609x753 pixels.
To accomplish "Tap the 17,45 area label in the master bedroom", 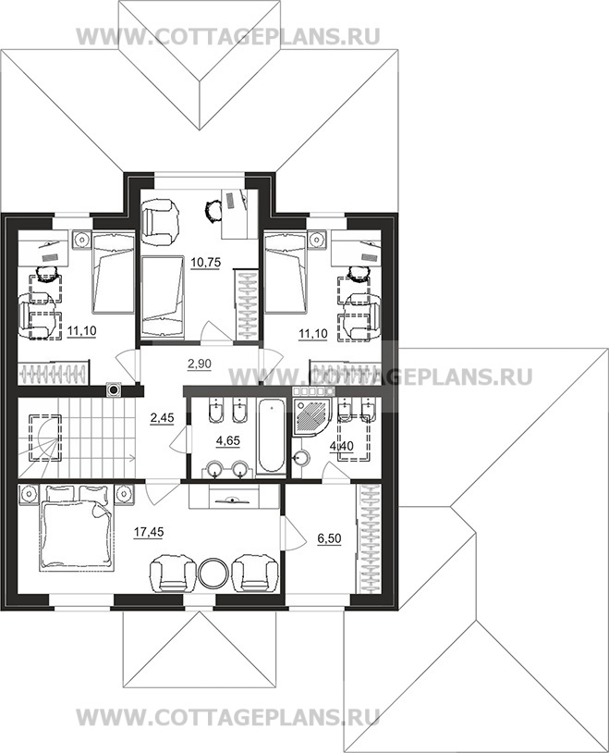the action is [149, 532].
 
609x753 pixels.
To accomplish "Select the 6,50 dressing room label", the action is [329, 538].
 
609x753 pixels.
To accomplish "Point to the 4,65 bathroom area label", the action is [228, 440].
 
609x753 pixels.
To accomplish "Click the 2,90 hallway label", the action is [200, 364].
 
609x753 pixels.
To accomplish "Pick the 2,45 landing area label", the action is [162, 418].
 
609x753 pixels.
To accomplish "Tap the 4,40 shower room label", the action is [342, 446].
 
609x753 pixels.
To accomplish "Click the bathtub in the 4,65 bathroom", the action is [272, 437].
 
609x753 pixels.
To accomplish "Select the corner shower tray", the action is [311, 418].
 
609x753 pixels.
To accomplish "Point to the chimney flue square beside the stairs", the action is [114, 390].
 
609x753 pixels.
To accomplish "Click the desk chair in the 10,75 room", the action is [213, 210].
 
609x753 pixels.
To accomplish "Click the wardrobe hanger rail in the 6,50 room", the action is [370, 538].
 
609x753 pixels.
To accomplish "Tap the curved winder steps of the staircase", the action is [44, 438].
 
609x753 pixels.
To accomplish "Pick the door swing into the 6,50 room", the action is [294, 532].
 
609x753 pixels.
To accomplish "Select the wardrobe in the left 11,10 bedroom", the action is [54, 373].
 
